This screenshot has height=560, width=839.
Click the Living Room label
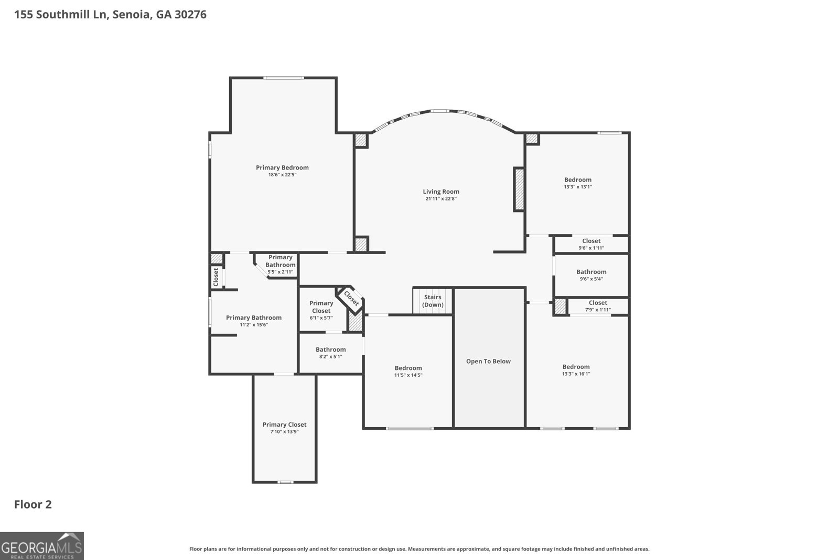(441, 192)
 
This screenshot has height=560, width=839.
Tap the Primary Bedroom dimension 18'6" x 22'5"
(282, 175)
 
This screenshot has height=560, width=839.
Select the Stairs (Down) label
(433, 301)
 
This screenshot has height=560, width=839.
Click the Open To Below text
(488, 361)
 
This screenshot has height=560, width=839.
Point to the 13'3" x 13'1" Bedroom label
(577, 180)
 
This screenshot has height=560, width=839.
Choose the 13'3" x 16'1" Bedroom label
(576, 367)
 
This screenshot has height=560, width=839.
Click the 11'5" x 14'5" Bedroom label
(408, 368)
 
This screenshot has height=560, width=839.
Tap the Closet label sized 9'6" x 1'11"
(591, 241)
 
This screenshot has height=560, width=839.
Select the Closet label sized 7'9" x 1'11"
(598, 303)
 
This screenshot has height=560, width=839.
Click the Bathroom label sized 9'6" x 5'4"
(591, 272)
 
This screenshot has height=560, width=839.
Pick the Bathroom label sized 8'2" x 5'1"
(330, 350)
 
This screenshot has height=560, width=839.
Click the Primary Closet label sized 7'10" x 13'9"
(284, 425)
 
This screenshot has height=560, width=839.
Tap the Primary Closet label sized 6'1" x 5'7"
(321, 307)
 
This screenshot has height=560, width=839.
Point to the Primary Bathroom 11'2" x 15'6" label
(253, 318)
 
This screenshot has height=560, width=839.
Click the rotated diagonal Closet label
(351, 299)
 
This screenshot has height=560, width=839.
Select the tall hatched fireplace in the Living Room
(519, 189)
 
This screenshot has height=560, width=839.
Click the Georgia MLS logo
(41, 545)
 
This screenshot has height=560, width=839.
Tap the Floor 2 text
(33, 504)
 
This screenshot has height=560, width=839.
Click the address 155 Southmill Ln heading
(110, 14)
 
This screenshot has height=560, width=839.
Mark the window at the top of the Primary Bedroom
(284, 78)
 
